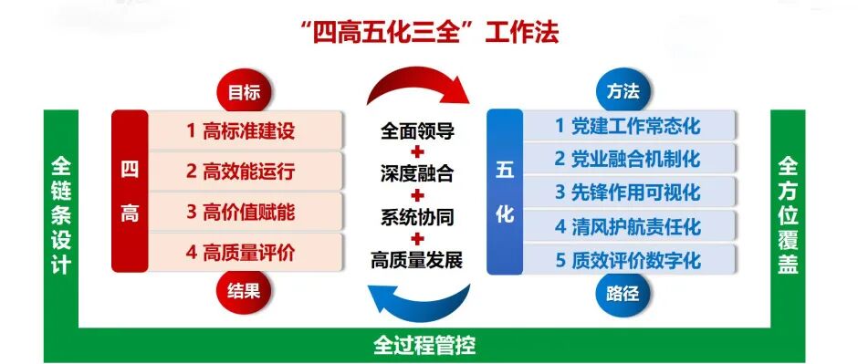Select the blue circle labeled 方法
click(x=623, y=90)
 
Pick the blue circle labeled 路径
click(x=623, y=294)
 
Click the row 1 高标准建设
click(x=246, y=130)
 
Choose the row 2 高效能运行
click(x=246, y=172)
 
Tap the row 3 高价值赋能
click(x=246, y=212)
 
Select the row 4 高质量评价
click(x=246, y=253)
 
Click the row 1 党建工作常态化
click(x=629, y=125)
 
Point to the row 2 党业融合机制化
click(x=629, y=159)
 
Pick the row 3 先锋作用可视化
click(x=629, y=192)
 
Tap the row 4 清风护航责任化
click(x=629, y=226)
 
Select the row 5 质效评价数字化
click(x=629, y=260)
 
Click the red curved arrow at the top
click(x=416, y=82)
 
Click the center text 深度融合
click(x=417, y=174)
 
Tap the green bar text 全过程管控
click(x=424, y=345)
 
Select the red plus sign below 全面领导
click(x=417, y=152)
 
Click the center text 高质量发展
click(x=417, y=260)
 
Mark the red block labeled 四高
click(x=130, y=191)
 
